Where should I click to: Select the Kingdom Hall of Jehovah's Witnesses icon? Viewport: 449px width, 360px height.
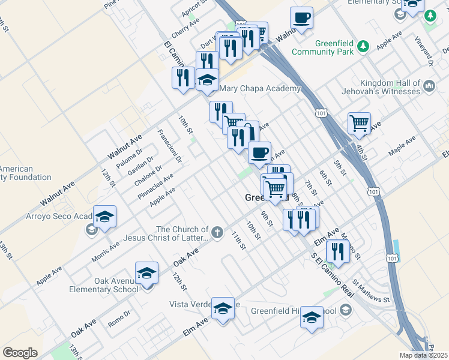click(429, 87)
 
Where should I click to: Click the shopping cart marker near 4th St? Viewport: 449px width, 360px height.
click(359, 124)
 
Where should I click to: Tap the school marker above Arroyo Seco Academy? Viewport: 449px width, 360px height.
click(105, 217)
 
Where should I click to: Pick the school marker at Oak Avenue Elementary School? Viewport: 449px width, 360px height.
click(146, 273)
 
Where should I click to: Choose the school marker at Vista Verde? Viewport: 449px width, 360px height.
click(223, 309)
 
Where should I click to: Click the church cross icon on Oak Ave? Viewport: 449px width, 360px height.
click(217, 231)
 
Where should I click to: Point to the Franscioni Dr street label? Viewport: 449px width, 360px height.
click(170, 146)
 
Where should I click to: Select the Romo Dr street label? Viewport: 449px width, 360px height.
click(119, 319)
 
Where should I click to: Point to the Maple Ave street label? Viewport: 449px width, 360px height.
click(402, 147)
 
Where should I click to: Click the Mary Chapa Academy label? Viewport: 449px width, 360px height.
click(260, 89)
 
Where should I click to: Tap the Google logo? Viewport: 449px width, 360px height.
click(20, 353)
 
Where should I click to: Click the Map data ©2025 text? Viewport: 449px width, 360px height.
click(423, 355)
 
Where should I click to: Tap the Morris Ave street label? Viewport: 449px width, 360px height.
click(106, 247)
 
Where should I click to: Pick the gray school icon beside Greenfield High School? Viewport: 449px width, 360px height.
click(345, 310)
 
